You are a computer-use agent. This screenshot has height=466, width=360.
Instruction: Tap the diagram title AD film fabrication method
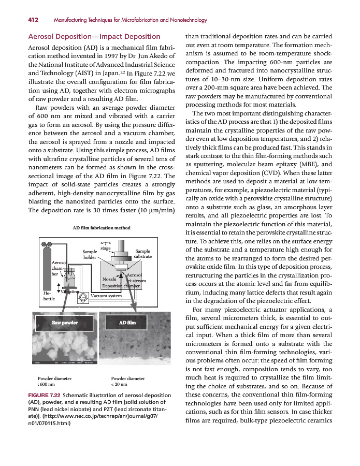tap(102, 228)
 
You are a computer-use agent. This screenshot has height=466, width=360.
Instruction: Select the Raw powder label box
tap(64, 322)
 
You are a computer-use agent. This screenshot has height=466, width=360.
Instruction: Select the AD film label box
tap(128, 322)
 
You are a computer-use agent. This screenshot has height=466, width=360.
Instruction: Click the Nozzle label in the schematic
tap(109, 279)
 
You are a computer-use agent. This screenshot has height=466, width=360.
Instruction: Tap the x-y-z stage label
tap(105, 245)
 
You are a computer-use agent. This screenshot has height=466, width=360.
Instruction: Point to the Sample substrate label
tap(142, 254)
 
